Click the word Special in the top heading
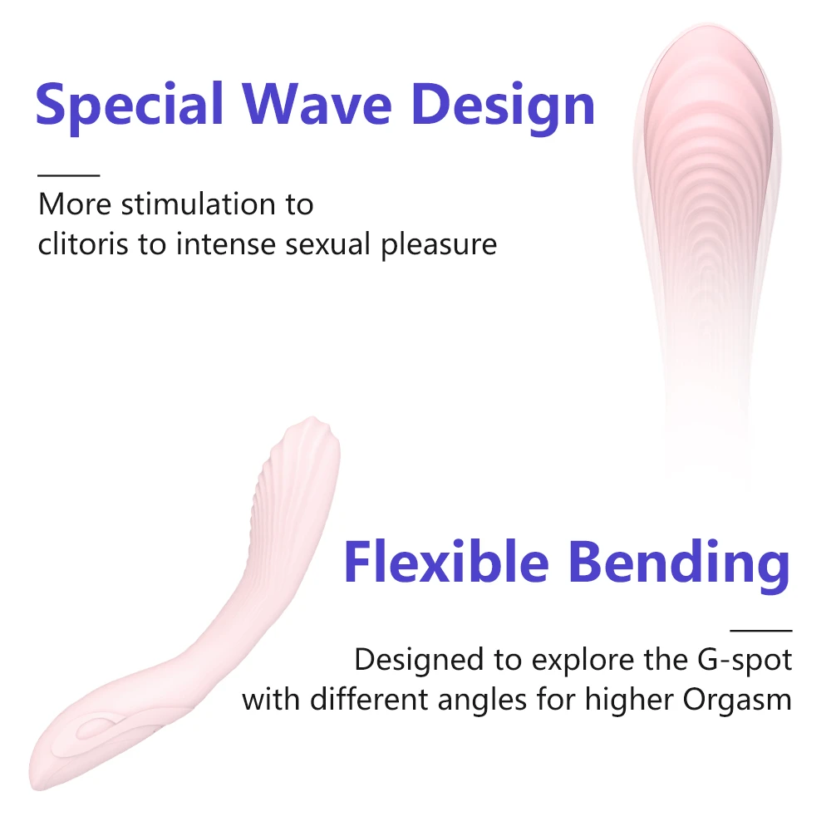(130, 106)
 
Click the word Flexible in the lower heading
(445, 561)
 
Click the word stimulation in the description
(199, 204)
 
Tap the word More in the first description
(75, 204)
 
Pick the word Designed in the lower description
(419, 661)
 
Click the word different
(368, 700)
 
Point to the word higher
(628, 701)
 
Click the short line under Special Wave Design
(68, 175)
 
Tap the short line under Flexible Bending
(760, 631)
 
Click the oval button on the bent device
(97, 728)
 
